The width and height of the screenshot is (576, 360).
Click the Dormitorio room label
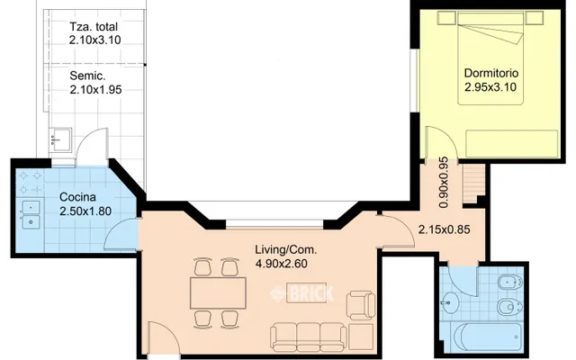491,73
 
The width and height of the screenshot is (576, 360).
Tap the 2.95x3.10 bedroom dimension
490,87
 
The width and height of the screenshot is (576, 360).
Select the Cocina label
77,197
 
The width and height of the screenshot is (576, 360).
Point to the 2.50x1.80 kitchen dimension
85,211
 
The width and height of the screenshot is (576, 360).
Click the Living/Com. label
286,250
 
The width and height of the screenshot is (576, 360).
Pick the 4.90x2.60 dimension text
282,264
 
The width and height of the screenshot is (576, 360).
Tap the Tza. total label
94,27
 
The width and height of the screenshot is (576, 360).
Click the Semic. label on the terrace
88,76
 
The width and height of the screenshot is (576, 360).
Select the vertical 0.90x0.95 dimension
444,183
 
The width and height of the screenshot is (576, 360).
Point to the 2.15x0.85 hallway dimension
444,229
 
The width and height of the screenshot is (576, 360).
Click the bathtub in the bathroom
488,337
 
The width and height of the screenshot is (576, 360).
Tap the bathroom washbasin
449,303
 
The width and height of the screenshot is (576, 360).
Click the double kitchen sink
31,215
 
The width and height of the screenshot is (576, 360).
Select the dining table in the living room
218,293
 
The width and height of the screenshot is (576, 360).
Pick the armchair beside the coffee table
361,305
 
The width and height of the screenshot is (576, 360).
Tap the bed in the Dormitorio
490,58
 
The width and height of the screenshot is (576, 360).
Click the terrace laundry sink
60,139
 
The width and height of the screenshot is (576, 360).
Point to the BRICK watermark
301,293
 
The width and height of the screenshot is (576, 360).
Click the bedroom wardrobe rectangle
512,144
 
